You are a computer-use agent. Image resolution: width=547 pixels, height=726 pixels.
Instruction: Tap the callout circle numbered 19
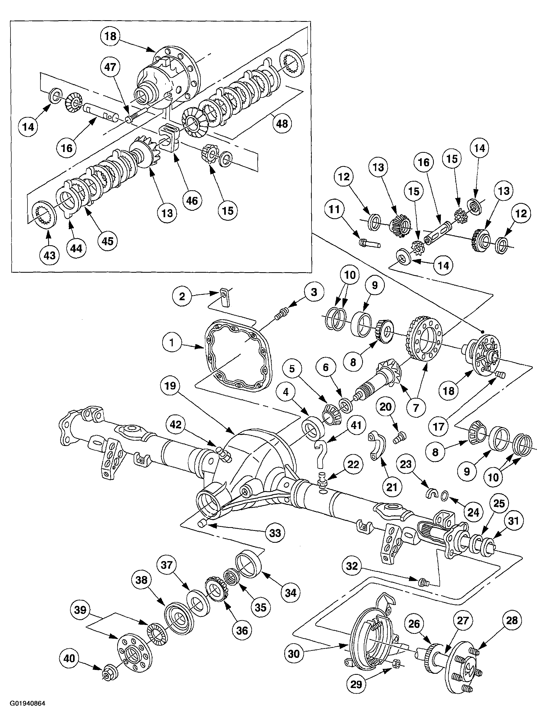click(x=170, y=386)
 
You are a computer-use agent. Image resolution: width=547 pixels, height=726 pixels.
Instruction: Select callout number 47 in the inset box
click(x=110, y=67)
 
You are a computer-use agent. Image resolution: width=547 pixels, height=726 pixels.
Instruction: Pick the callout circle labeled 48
click(x=282, y=123)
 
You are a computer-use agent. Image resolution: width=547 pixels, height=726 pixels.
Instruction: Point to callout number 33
click(x=275, y=533)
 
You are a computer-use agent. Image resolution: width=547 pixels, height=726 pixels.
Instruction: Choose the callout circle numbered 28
click(x=512, y=620)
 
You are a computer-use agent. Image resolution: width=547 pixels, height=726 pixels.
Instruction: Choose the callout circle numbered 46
click(x=192, y=200)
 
